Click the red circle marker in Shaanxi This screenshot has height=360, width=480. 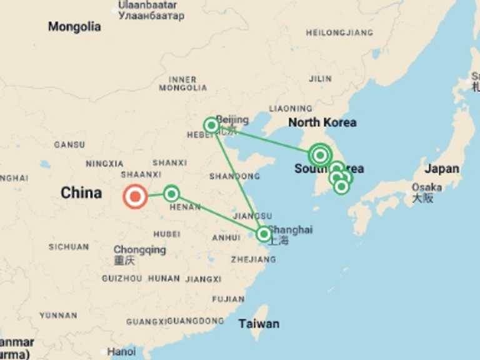tap(134, 196)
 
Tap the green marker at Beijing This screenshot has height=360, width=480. tap(211, 126)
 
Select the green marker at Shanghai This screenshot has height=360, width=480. tap(264, 234)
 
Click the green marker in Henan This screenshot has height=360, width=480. tap(171, 194)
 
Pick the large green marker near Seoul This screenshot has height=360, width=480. tap(320, 154)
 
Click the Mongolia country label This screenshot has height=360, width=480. tap(74, 27)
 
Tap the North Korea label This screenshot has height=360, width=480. tap(322, 122)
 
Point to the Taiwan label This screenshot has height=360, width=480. tap(259, 324)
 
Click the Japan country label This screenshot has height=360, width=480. tap(442, 169)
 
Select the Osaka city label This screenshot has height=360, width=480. tap(427, 187)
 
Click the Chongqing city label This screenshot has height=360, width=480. tap(139, 250)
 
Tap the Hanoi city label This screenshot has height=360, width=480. tap(121, 351)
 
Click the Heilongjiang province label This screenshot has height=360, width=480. tap(339, 32)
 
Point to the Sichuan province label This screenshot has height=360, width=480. tap(69, 247)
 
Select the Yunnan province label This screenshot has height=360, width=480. tap(58, 316)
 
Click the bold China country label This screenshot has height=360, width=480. tap(81, 192)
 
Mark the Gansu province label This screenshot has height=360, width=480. tap(69, 144)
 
